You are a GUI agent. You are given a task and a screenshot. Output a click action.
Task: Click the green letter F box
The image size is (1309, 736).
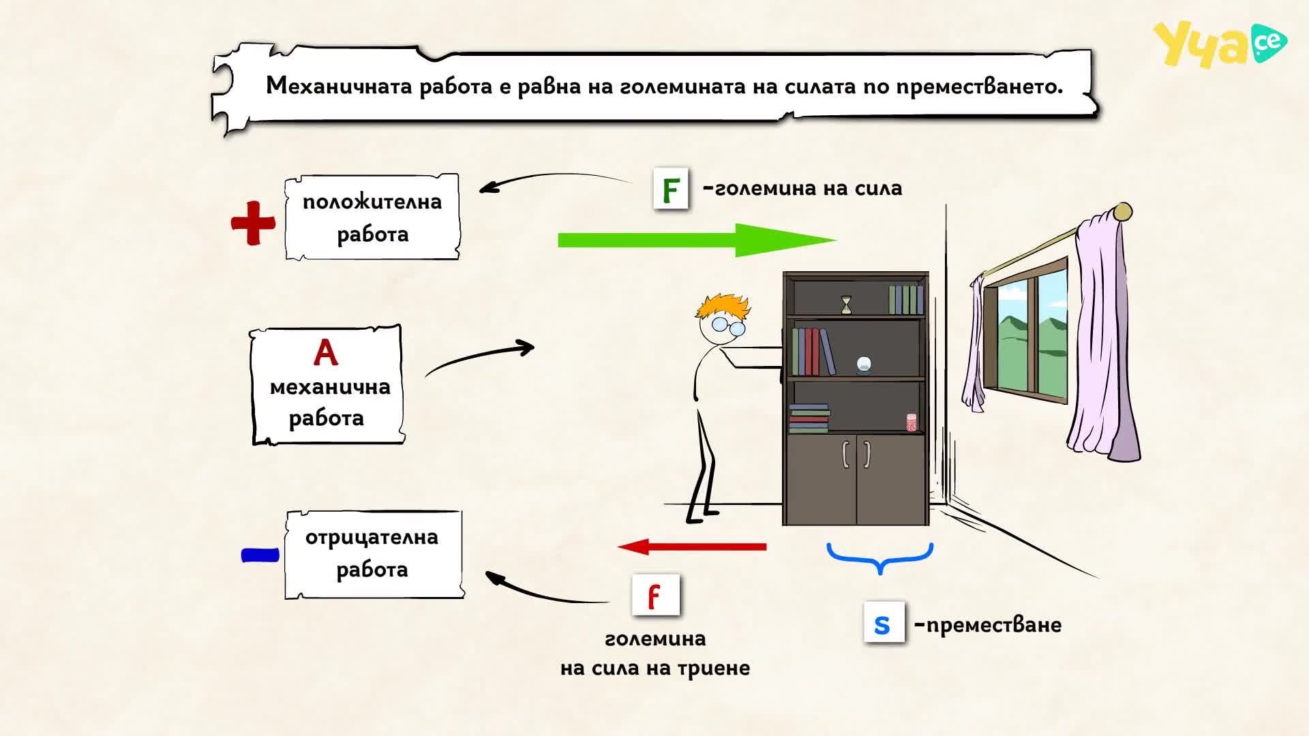point(671,188)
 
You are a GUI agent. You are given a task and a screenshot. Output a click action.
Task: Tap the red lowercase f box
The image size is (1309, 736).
point(655,595)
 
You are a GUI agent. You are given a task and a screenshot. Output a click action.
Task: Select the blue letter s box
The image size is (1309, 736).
point(884,622)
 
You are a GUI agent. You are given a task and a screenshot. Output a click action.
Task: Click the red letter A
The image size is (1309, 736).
point(325,353)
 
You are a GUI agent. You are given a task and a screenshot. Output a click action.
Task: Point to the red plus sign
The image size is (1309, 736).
point(253,223)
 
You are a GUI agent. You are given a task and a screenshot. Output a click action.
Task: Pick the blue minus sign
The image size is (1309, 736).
point(260,555)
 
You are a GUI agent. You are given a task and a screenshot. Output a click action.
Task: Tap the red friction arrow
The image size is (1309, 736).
point(692,547)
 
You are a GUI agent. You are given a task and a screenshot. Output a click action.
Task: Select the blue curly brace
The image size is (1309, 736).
point(879,557)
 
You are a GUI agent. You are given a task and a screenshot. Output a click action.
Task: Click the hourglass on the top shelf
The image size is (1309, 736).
point(846,304)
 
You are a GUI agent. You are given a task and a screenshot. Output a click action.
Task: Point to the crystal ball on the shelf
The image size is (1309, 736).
point(864,365)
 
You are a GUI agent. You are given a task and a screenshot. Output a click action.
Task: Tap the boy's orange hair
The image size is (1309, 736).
point(723,307)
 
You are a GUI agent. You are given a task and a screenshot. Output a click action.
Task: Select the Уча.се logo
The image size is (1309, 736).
point(1220,44)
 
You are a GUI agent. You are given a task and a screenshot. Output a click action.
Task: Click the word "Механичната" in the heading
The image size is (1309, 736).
point(337,86)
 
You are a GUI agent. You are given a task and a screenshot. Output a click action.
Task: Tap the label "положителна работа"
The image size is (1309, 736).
point(372,217)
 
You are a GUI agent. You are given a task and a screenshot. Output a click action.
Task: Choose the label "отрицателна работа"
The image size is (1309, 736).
point(372,553)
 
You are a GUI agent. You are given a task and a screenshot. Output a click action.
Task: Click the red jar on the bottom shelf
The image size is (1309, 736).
point(912,422)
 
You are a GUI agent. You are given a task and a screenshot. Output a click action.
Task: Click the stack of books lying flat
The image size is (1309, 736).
point(810,418)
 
